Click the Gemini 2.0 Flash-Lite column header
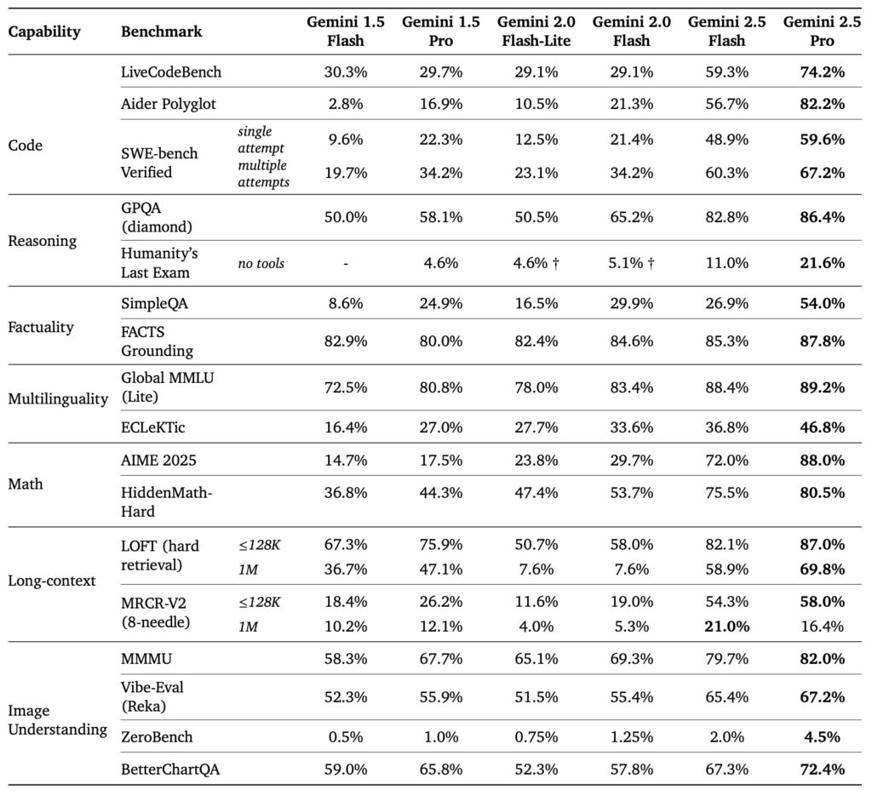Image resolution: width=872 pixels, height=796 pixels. click(x=536, y=31)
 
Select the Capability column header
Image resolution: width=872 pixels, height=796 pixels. click(x=44, y=31)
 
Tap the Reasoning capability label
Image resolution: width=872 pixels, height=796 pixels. click(x=43, y=241)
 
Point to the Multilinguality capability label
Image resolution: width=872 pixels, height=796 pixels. click(x=58, y=398)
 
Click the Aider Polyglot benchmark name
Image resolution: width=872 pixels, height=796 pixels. click(x=169, y=104)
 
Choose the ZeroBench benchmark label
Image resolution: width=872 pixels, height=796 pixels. click(x=157, y=737)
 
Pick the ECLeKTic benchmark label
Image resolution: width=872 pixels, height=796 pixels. click(x=153, y=427)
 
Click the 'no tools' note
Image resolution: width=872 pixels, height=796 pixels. click(x=261, y=263)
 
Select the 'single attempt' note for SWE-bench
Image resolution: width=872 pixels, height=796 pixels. click(x=261, y=140)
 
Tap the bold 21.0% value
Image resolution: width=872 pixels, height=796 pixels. click(x=726, y=627)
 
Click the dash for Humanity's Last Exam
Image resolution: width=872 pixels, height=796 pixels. click(x=346, y=263)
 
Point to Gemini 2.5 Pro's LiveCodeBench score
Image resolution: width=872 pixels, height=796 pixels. click(x=822, y=72)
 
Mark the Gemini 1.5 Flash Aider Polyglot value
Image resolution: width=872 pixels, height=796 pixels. click(x=346, y=104)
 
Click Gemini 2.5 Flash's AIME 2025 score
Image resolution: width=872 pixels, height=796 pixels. click(x=726, y=461)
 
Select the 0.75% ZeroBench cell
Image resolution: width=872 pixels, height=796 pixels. click(x=536, y=737)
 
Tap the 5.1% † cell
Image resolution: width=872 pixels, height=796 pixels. click(x=631, y=263)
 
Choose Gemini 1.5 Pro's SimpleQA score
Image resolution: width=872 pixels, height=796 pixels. click(x=440, y=304)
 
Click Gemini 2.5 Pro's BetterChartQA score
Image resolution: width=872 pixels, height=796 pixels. click(x=822, y=770)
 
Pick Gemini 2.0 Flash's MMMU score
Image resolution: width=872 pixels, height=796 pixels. click(x=631, y=659)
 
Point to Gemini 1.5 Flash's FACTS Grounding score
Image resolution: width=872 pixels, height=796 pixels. click(x=346, y=341)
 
